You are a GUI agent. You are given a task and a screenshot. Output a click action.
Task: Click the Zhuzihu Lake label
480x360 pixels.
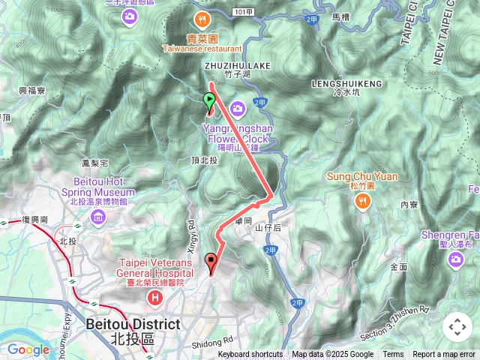(238, 66)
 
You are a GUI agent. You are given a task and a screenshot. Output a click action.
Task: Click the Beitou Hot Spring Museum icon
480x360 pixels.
(97, 217)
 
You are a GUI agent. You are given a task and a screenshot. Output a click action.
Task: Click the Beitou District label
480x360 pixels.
(133, 325)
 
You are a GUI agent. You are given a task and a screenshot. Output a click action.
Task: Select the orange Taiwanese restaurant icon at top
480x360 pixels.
(200, 19)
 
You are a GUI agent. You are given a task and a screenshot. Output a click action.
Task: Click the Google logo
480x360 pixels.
(28, 349)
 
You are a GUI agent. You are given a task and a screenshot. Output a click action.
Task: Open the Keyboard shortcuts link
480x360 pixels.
(250, 355)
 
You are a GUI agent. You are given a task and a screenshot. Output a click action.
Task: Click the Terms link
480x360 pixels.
(393, 355)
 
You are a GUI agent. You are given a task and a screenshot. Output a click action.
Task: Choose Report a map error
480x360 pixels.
(444, 355)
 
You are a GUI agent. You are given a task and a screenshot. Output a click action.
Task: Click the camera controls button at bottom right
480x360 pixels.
(457, 327)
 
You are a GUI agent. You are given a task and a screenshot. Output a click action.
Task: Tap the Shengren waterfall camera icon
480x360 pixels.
(456, 259)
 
